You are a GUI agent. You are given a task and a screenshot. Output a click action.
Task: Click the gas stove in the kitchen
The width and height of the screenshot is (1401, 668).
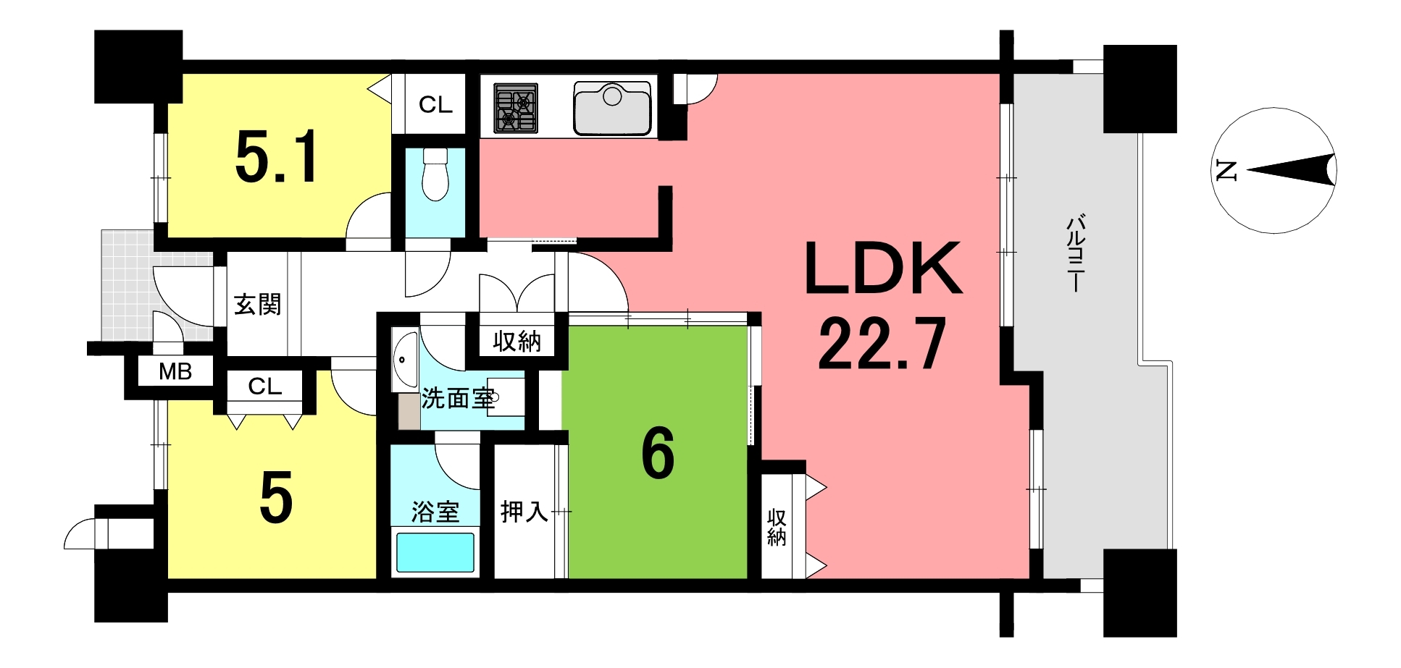click(x=516, y=109)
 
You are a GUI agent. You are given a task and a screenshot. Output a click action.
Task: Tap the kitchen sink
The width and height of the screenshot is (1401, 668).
click(x=612, y=109)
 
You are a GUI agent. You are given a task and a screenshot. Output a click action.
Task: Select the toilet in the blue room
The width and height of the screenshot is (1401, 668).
click(x=435, y=174)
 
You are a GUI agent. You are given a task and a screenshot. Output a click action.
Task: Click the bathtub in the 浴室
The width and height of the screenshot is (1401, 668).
click(x=435, y=552)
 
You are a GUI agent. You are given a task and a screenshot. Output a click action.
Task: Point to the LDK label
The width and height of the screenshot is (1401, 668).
click(x=883, y=269)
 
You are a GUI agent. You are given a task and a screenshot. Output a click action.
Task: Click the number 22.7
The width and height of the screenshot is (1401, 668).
click(x=882, y=344)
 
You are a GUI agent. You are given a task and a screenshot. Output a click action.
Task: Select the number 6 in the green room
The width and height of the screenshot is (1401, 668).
click(x=658, y=454)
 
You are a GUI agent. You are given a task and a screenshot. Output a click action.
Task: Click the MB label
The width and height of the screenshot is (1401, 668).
click(x=175, y=372)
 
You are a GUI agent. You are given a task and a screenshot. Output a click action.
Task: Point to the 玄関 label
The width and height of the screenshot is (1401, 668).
click(x=257, y=304)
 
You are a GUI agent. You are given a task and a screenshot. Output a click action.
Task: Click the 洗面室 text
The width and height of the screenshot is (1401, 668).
click(x=459, y=398)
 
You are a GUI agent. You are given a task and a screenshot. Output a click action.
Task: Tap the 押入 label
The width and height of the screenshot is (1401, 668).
click(x=524, y=512)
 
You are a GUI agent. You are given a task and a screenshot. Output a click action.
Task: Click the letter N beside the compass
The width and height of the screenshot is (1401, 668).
click(x=1226, y=171)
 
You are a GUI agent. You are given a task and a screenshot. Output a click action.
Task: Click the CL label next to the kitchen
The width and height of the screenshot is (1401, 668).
click(x=435, y=105)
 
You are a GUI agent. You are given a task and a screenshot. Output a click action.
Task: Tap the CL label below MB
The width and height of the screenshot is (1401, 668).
click(x=264, y=386)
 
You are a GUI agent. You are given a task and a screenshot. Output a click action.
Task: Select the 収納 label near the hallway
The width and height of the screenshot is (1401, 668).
click(x=517, y=341)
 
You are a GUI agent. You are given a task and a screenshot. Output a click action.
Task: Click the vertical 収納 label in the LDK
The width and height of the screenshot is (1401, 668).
click(x=777, y=527)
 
